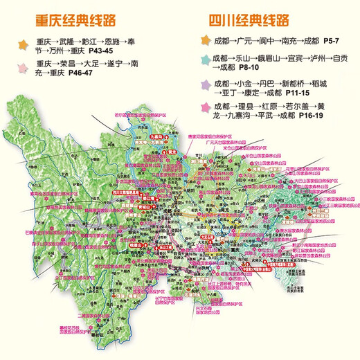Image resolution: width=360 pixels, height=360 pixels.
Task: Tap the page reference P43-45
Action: click(107, 53)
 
